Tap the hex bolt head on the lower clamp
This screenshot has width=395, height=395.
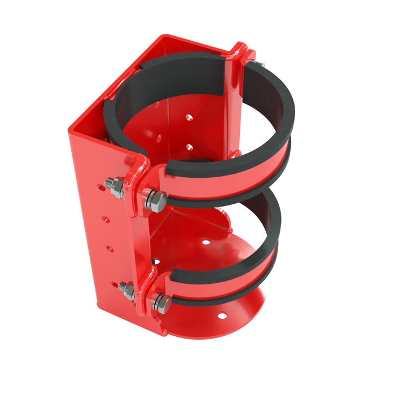tap(161, 304)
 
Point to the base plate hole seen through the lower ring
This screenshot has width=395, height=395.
tap(206, 242)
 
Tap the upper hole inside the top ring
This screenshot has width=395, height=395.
tap(188, 118)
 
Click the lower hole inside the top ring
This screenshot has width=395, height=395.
tap(189, 147)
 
